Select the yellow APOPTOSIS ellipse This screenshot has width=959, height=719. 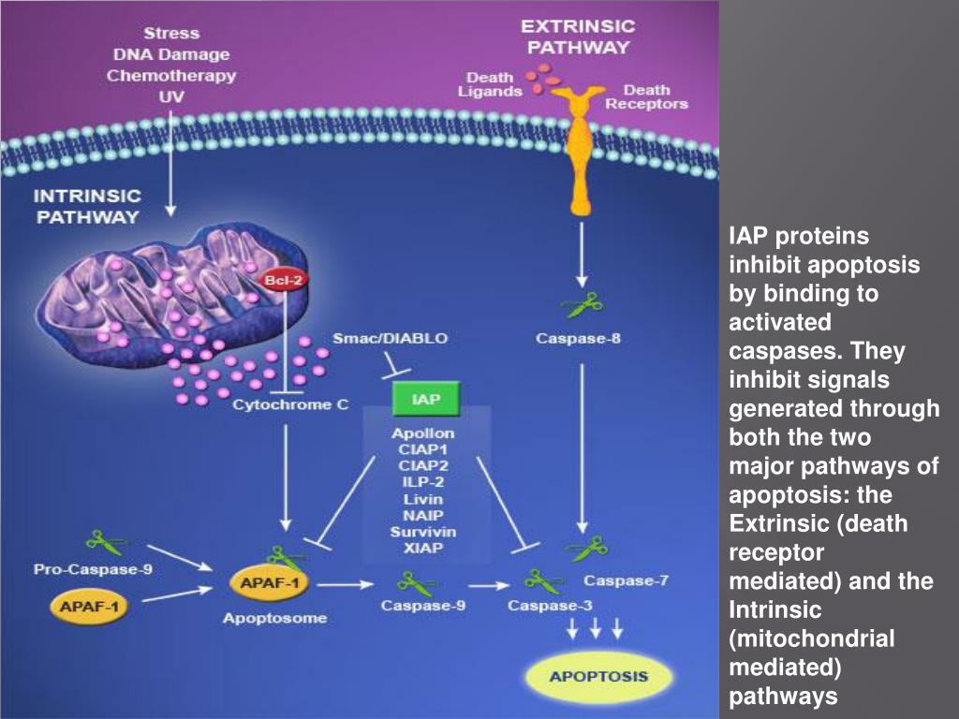(x=599, y=676)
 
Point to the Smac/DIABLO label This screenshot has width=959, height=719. (x=391, y=338)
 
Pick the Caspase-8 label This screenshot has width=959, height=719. (x=578, y=338)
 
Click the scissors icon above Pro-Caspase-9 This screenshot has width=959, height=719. (x=102, y=541)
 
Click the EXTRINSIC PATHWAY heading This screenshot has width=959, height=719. (x=577, y=36)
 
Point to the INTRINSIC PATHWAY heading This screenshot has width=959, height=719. (x=87, y=206)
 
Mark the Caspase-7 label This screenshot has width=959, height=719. (x=626, y=580)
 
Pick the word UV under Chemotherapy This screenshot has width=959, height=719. (x=170, y=96)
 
